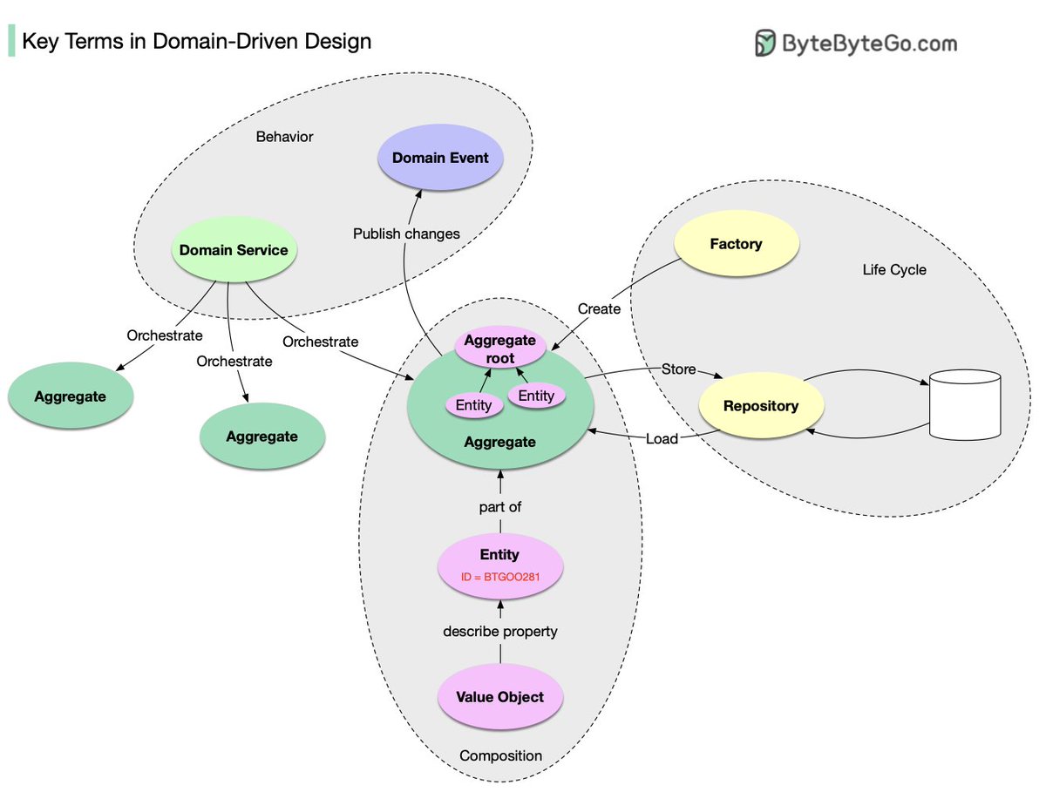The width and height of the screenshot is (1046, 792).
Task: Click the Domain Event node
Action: pyautogui.click(x=440, y=159)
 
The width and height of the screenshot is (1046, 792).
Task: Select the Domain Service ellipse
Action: pyautogui.click(x=233, y=251)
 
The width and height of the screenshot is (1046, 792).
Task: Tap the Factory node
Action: pyautogui.click(x=736, y=245)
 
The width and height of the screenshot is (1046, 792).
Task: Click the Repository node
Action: pyautogui.click(x=761, y=406)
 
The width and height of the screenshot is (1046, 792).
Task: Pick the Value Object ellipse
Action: pyautogui.click(x=499, y=697)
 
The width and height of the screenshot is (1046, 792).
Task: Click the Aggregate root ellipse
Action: pyautogui.click(x=500, y=349)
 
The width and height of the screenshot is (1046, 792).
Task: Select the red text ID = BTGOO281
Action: pyautogui.click(x=499, y=575)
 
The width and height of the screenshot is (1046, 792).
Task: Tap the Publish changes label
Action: pyautogui.click(x=406, y=234)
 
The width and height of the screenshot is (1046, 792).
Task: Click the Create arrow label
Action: pyautogui.click(x=599, y=308)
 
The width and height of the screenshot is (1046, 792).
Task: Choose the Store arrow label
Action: pyautogui.click(x=678, y=369)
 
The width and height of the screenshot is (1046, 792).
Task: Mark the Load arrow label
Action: pyautogui.click(x=662, y=438)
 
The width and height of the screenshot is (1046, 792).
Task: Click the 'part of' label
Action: pyautogui.click(x=500, y=506)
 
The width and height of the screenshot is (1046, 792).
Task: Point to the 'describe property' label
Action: pyautogui.click(x=500, y=631)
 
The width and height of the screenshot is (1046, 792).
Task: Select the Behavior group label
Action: pyautogui.click(x=284, y=137)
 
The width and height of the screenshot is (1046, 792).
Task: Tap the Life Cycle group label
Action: pyautogui.click(x=893, y=270)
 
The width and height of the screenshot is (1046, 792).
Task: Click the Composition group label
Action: pyautogui.click(x=500, y=755)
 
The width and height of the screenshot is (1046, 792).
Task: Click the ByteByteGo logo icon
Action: pyautogui.click(x=765, y=43)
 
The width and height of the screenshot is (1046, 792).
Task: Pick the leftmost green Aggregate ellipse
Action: pyautogui.click(x=71, y=397)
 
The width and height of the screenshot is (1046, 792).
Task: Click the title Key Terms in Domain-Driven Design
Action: pyautogui.click(x=196, y=41)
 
